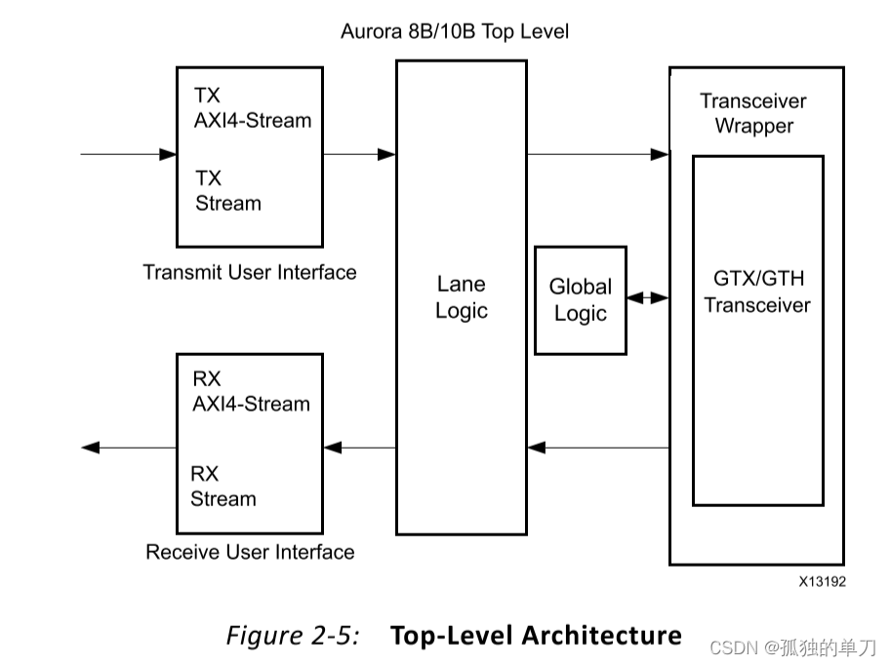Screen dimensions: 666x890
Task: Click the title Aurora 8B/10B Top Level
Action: [454, 31]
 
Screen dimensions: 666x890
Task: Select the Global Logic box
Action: [581, 300]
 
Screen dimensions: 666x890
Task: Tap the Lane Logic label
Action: [461, 297]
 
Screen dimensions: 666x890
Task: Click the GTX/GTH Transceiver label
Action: [757, 292]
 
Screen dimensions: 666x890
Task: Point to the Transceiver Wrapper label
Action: [753, 113]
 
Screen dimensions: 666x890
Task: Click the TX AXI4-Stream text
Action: [252, 108]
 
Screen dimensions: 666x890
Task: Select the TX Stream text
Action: [228, 191]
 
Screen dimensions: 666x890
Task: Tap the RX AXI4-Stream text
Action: [251, 391]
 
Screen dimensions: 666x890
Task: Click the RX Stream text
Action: [223, 487]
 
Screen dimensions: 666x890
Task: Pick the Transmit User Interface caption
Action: [250, 272]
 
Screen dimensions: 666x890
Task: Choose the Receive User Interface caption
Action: [250, 552]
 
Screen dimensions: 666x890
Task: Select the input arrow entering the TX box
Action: [127, 154]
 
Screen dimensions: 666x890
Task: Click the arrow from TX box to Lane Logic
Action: [359, 154]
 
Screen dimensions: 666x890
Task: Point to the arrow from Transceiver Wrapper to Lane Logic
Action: [597, 448]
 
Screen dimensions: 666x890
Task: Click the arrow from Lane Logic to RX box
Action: [359, 448]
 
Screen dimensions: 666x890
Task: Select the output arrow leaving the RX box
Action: [127, 448]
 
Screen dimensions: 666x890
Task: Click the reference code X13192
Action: [822, 582]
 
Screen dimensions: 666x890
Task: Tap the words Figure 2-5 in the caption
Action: [293, 636]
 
